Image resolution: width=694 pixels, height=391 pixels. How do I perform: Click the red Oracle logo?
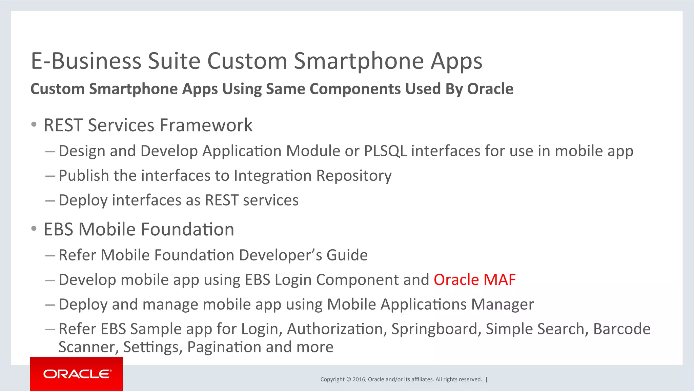point(77,374)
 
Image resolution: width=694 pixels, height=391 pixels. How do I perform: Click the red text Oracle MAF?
point(474,280)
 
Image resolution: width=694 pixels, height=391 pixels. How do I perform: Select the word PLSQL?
point(385,151)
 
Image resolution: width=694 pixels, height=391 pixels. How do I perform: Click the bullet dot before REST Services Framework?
point(34,125)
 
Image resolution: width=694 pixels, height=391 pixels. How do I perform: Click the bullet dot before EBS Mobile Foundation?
point(34,229)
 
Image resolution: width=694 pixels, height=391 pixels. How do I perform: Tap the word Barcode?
point(621,329)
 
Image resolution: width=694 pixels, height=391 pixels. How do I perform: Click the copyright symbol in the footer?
point(348,379)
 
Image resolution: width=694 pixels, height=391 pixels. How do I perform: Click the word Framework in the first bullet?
point(206,125)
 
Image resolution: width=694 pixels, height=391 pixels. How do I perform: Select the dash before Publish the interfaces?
point(50,176)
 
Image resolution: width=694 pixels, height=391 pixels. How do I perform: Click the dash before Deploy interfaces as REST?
point(50,200)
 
